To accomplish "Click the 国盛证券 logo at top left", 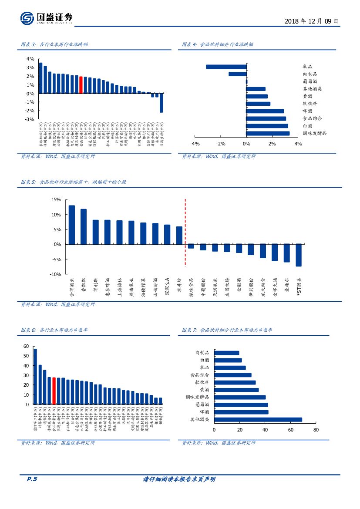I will (46, 18).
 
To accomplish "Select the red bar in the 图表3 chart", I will (81, 85).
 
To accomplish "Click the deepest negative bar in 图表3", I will (161, 103).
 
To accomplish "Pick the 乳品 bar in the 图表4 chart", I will (226, 67).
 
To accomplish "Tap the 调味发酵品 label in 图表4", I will (314, 133).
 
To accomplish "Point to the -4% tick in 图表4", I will (195, 144).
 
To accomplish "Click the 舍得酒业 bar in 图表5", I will (72, 225).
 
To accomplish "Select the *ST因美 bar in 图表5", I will (299, 255).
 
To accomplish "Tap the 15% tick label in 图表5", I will (56, 199).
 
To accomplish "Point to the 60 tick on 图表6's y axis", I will (26, 347).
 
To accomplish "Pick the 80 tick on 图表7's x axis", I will (316, 430).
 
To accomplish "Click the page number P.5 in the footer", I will (32, 479).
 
